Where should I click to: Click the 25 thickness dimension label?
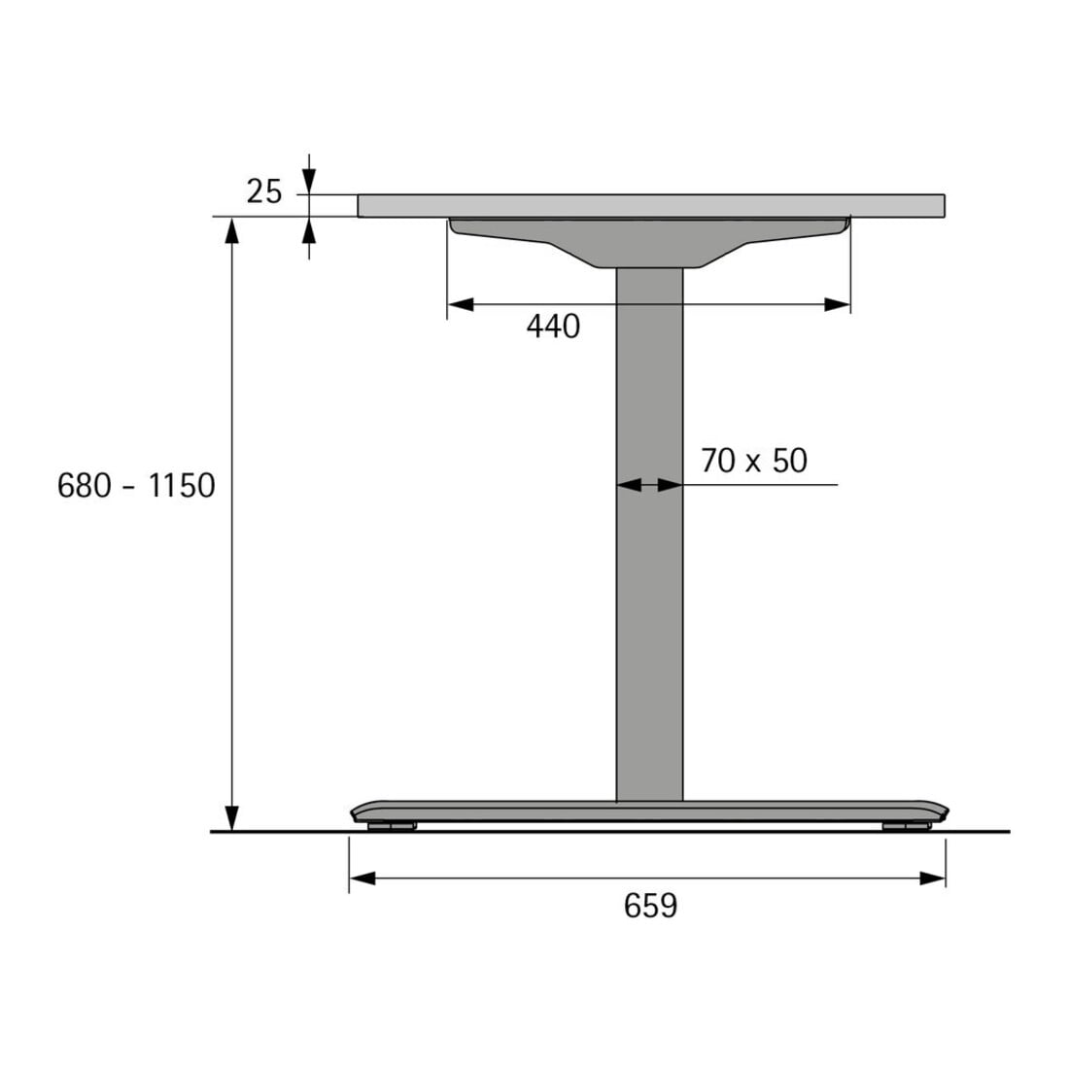pyautogui.click(x=263, y=191)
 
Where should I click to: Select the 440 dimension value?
pyautogui.click(x=553, y=327)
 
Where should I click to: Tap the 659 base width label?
pyautogui.click(x=650, y=906)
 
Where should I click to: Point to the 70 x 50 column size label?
pyautogui.click(x=754, y=461)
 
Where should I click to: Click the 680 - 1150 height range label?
pyautogui.click(x=136, y=486)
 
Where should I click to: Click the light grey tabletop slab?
pyautogui.click(x=651, y=206)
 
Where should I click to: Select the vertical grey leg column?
pyautogui.click(x=649, y=534)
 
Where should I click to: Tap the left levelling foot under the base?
pyautogui.click(x=392, y=826)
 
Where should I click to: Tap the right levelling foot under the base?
pyautogui.click(x=906, y=826)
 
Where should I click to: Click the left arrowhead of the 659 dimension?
pyautogui.click(x=362, y=879)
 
